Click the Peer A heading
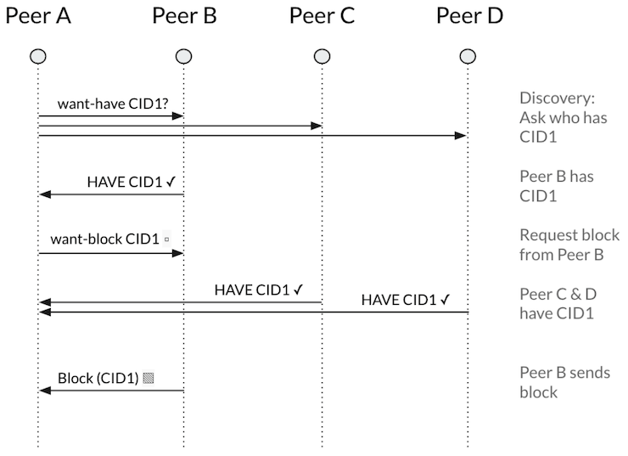click(38, 16)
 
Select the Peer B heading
click(184, 16)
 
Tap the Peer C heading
click(322, 16)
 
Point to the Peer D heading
click(469, 16)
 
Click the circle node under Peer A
click(38, 57)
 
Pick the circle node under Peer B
click(183, 57)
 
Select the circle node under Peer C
click(322, 57)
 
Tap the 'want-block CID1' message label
click(105, 239)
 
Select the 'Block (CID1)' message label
click(98, 378)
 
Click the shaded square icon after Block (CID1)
click(149, 378)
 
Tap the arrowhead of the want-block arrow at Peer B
click(178, 253)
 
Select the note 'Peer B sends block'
click(564, 382)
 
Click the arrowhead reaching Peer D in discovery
click(462, 135)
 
